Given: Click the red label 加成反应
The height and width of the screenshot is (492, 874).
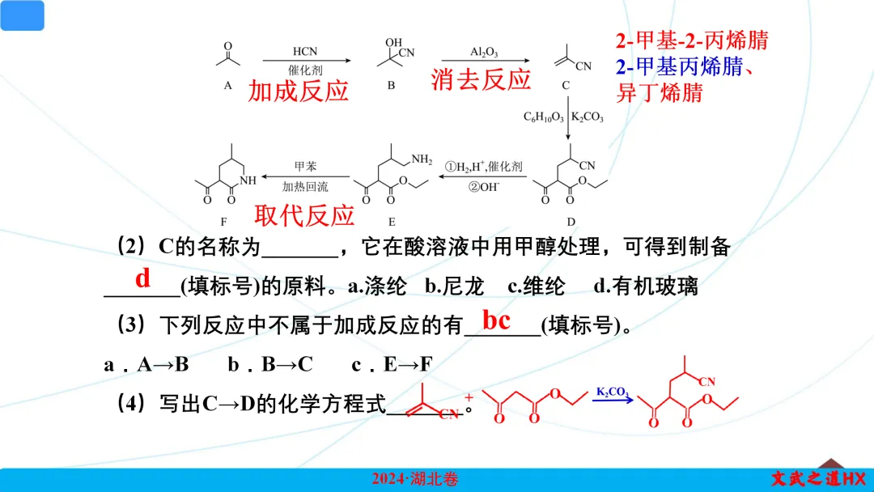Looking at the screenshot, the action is tap(298, 90).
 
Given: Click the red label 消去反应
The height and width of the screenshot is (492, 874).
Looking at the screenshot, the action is tap(481, 79).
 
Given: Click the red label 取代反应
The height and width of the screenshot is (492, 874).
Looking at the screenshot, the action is tap(304, 215).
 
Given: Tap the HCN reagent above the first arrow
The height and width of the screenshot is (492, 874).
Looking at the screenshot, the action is tap(305, 52).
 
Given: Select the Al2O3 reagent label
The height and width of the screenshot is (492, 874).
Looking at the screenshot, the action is tap(484, 52).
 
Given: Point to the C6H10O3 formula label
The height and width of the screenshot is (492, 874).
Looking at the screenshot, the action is tap(545, 117).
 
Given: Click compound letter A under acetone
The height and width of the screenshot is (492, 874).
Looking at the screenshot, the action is tap(228, 85).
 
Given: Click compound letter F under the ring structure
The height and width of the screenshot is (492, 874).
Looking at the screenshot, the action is tap(224, 220).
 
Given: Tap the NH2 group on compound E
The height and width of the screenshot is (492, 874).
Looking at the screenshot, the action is tap(422, 159).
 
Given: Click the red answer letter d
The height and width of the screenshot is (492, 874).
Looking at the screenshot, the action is tap(143, 278).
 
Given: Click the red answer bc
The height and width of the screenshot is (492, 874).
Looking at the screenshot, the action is tap(496, 320).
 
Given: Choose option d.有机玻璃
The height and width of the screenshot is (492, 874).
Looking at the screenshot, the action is tap(645, 286).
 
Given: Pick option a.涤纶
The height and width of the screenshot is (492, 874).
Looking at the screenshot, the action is tap(375, 286).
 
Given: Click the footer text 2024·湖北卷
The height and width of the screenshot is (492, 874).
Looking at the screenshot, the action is tap(415, 479).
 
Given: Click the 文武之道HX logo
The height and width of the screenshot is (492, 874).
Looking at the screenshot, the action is tap(818, 478).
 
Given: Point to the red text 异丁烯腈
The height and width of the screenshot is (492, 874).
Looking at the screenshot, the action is tap(660, 92).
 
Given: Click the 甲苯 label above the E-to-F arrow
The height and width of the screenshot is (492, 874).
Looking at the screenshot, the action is tap(305, 166).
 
